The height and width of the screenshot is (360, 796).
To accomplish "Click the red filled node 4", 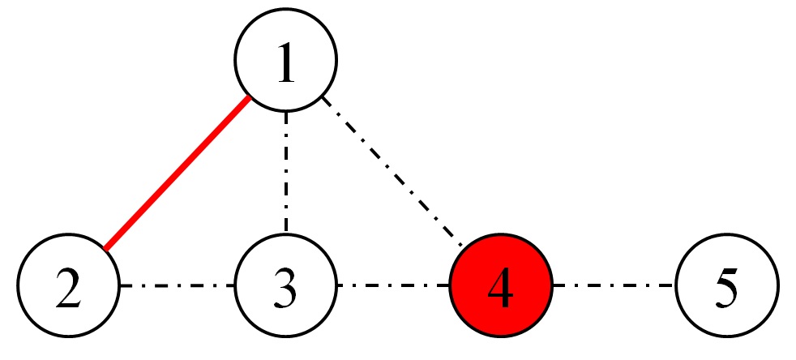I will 501,285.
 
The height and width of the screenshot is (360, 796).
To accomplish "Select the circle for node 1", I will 285,61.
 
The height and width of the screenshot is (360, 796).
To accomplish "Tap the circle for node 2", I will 68,285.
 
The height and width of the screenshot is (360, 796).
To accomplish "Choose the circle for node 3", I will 285,285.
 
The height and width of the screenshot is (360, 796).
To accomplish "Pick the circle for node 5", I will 727,285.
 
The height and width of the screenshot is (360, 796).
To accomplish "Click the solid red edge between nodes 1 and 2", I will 177,173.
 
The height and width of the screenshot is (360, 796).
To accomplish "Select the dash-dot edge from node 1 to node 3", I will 285,173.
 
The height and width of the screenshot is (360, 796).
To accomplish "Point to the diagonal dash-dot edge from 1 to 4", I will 393,173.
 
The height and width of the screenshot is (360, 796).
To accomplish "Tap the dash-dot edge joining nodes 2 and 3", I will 177,285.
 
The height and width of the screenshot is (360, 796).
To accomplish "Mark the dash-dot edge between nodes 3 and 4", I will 393,285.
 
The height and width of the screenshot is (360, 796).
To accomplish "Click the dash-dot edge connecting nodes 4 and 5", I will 614,285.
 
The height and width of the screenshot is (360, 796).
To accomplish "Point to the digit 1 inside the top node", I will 285,62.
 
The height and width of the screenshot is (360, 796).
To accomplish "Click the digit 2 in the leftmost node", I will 68,287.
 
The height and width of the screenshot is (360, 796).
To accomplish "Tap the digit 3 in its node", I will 285,287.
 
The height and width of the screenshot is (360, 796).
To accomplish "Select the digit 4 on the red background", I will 501,287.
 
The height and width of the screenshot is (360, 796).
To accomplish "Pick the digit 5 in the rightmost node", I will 727,287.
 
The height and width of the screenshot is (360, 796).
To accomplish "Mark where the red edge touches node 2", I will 105,247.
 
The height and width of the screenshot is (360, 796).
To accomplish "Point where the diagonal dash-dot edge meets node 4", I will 464,248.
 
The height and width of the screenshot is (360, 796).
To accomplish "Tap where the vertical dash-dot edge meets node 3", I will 285,234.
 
